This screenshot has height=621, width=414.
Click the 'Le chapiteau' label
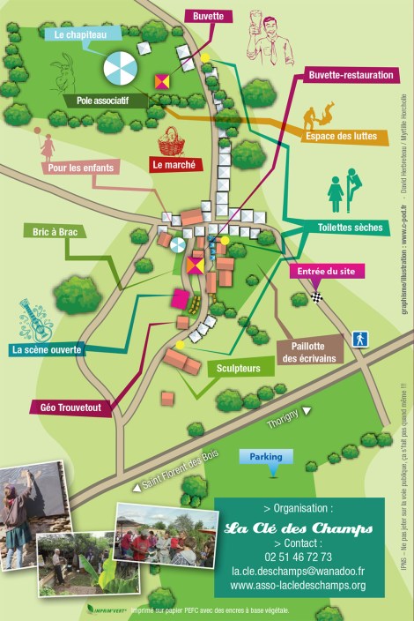click(x=80, y=35)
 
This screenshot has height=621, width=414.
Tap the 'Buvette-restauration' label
click(x=351, y=76)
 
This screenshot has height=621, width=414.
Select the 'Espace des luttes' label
click(x=341, y=137)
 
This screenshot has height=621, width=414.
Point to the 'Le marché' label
click(x=177, y=164)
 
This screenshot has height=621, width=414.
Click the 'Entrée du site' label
click(x=327, y=272)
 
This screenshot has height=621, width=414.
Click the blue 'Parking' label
click(x=266, y=457)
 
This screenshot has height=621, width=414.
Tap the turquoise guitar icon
click(x=35, y=319)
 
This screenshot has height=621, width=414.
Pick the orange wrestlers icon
click(x=319, y=116)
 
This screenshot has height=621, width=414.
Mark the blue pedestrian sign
click(x=359, y=339)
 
